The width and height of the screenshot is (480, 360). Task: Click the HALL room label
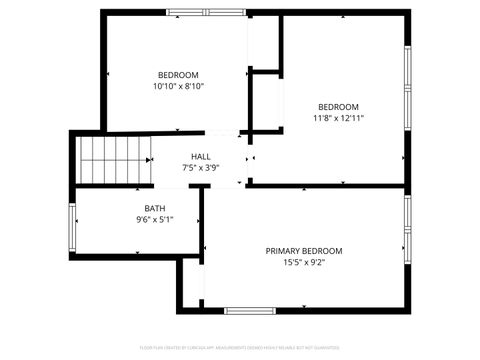click(x=201, y=156)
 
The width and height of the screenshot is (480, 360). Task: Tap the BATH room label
click(x=155, y=208)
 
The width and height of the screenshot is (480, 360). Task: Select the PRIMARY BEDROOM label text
click(x=303, y=251)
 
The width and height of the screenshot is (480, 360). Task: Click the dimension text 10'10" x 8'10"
click(x=178, y=87)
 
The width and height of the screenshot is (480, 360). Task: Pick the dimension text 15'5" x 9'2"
click(x=303, y=263)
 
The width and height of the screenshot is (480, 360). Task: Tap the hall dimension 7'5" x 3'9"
click(x=201, y=168)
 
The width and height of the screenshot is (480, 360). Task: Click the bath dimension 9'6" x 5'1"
click(x=155, y=220)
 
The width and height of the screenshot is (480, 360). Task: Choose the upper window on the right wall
click(x=407, y=90)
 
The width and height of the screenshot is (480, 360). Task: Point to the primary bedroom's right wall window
click(x=407, y=229)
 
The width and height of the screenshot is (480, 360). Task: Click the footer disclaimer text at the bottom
click(x=240, y=347)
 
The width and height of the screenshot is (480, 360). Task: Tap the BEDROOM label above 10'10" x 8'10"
click(x=178, y=75)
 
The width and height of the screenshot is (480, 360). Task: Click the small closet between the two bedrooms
click(x=265, y=100)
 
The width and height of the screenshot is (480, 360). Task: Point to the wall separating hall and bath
click(x=140, y=186)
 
